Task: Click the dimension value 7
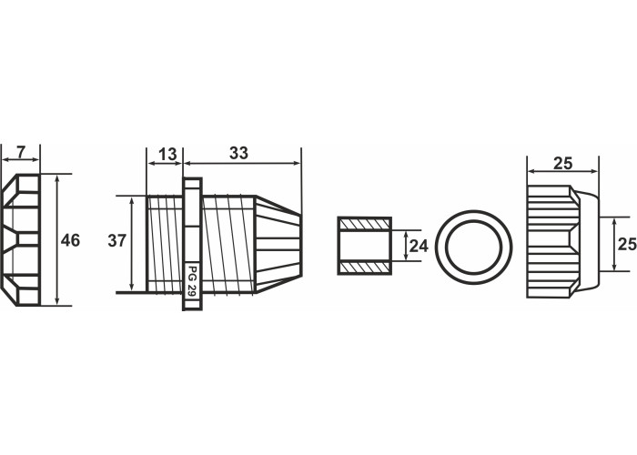(21, 152)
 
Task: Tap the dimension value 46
(70, 240)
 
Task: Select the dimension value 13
(167, 155)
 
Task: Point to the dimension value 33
(238, 153)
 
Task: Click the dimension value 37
(117, 241)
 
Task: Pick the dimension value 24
(419, 246)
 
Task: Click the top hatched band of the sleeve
(364, 224)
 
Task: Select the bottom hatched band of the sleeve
(364, 268)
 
